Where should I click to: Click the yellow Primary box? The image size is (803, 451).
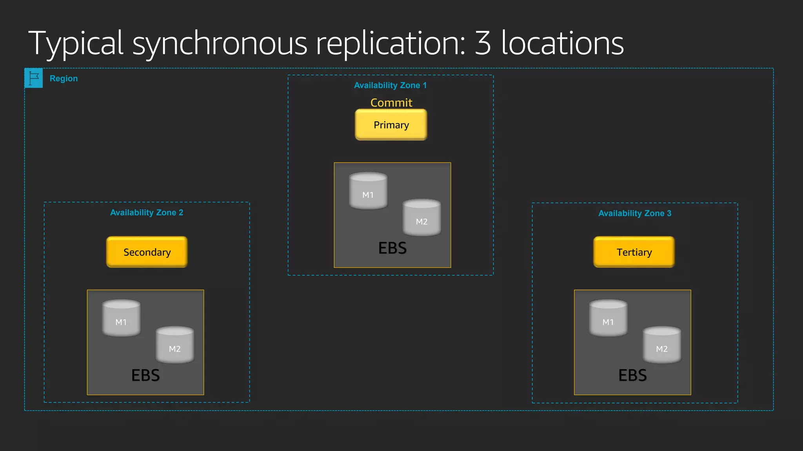(x=391, y=124)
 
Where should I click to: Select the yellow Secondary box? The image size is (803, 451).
(x=147, y=252)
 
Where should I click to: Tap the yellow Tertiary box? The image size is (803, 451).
(x=634, y=252)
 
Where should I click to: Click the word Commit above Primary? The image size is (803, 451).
(x=391, y=103)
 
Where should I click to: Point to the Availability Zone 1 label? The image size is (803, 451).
(x=390, y=85)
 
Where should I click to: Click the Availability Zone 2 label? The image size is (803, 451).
(x=147, y=213)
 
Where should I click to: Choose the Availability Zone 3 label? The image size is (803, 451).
(x=635, y=213)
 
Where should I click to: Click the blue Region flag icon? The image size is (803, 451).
(x=34, y=78)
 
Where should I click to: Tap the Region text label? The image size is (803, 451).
(x=64, y=78)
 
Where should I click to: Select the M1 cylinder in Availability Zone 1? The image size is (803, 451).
(x=368, y=191)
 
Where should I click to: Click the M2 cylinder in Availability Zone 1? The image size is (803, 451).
(x=422, y=217)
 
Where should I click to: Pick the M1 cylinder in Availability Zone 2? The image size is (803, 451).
(x=121, y=318)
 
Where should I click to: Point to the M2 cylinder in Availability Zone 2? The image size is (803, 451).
(x=175, y=345)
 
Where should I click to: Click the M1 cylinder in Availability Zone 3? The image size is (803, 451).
(x=608, y=318)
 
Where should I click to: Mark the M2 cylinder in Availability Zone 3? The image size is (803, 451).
(x=662, y=345)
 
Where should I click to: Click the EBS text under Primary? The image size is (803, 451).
(x=392, y=248)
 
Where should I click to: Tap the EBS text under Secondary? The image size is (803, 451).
(x=145, y=375)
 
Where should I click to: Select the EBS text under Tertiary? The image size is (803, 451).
(x=632, y=375)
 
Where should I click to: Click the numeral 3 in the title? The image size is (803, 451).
(x=483, y=43)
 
